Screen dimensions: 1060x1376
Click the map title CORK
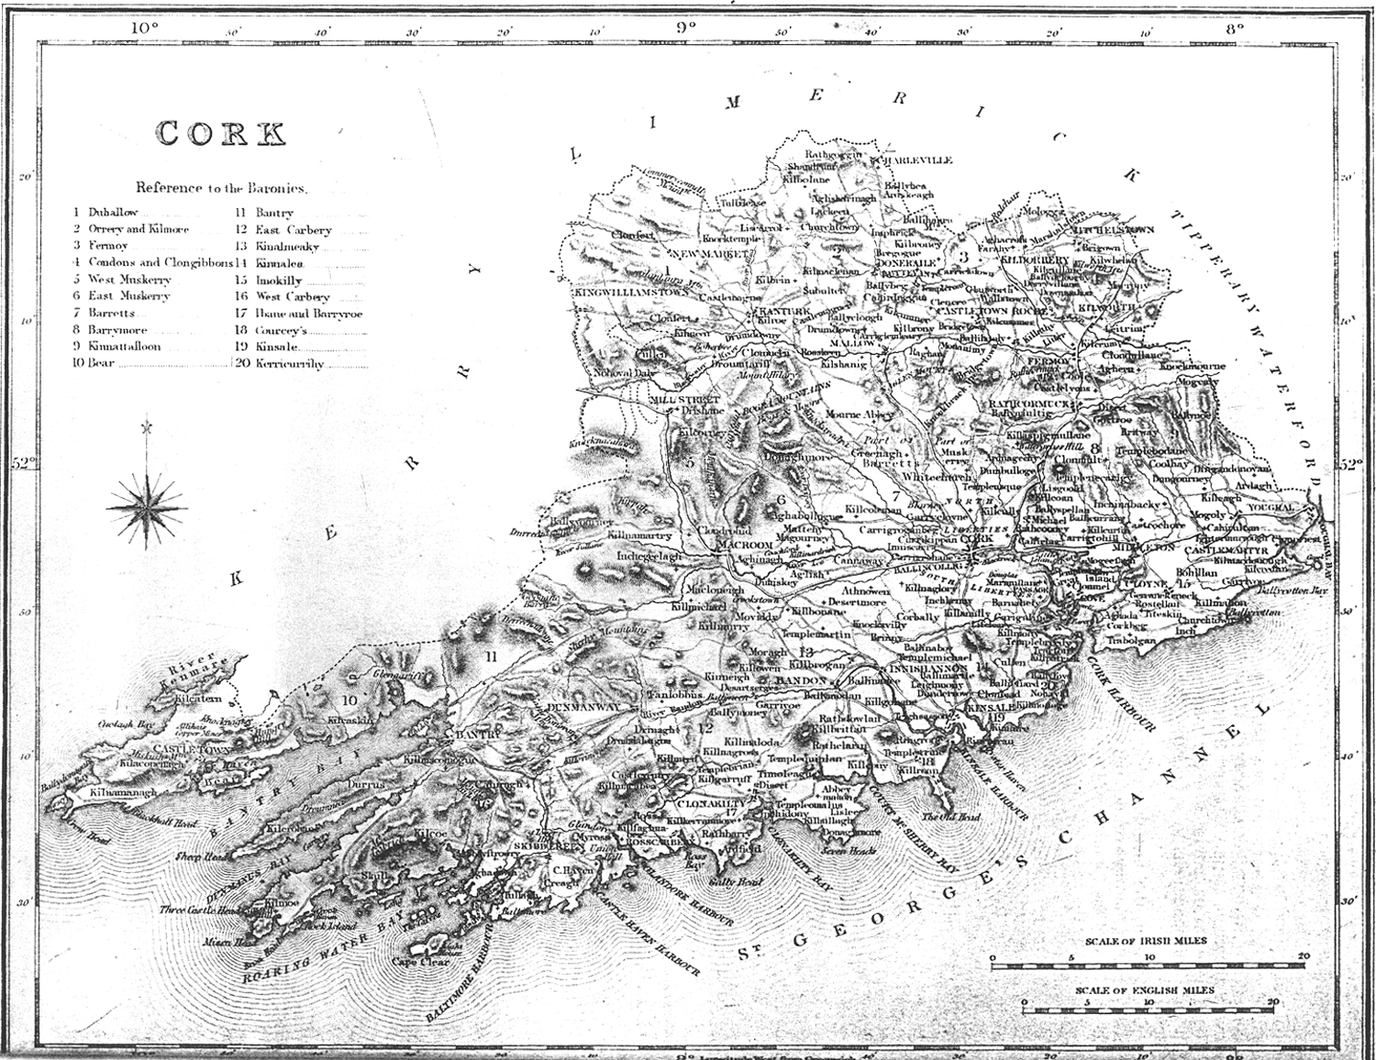220,133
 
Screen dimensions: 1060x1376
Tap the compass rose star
146,506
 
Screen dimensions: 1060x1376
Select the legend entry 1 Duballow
108,213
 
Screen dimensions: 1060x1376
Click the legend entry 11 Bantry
268,213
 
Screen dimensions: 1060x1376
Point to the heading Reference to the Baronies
222,188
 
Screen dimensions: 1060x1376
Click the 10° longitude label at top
144,28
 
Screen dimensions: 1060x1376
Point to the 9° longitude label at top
686,28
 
